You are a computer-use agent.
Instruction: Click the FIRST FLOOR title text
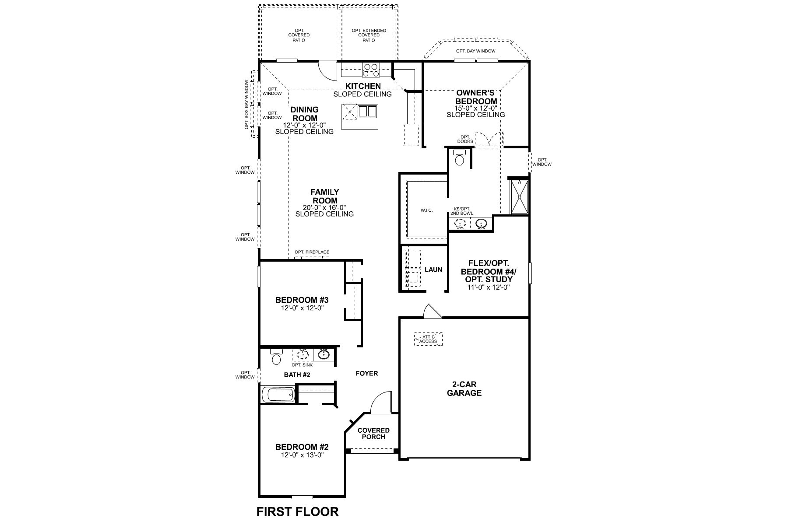[297, 511]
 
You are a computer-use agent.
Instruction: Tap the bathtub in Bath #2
[278, 395]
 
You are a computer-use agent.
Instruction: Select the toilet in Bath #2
[276, 357]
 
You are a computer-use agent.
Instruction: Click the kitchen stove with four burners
[371, 70]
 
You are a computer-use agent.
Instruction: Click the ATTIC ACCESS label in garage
[428, 339]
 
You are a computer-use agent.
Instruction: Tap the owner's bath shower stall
[520, 197]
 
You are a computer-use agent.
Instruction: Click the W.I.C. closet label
[426, 210]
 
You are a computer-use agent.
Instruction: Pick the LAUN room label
[433, 269]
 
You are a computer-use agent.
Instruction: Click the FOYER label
[366, 373]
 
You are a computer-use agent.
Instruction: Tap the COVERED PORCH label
[373, 433]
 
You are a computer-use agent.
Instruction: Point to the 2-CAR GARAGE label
[464, 388]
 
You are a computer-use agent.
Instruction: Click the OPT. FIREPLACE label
[312, 252]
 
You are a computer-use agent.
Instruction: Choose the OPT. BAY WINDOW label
[475, 51]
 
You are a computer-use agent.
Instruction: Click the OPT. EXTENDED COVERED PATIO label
[369, 35]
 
